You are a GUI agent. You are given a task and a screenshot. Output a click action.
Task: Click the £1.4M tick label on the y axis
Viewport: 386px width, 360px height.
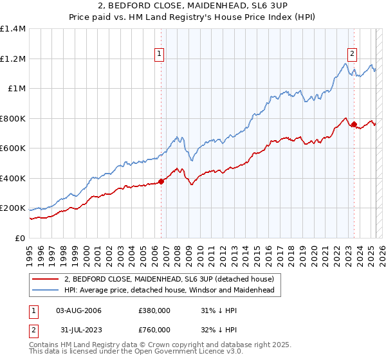pos(13,29)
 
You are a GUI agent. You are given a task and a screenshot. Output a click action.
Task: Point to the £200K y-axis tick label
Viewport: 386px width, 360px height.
pos(13,208)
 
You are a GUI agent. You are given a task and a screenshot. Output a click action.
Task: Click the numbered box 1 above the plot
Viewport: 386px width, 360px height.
pos(159,55)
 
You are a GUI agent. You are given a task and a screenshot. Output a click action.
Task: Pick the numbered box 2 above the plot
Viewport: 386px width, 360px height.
pos(353,55)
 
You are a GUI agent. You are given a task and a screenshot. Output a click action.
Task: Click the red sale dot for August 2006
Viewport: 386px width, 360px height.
pos(161,181)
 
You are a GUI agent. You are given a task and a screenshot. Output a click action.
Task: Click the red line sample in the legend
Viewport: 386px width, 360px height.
pos(46,279)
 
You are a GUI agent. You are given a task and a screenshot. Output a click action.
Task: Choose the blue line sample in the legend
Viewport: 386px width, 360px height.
pos(46,290)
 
